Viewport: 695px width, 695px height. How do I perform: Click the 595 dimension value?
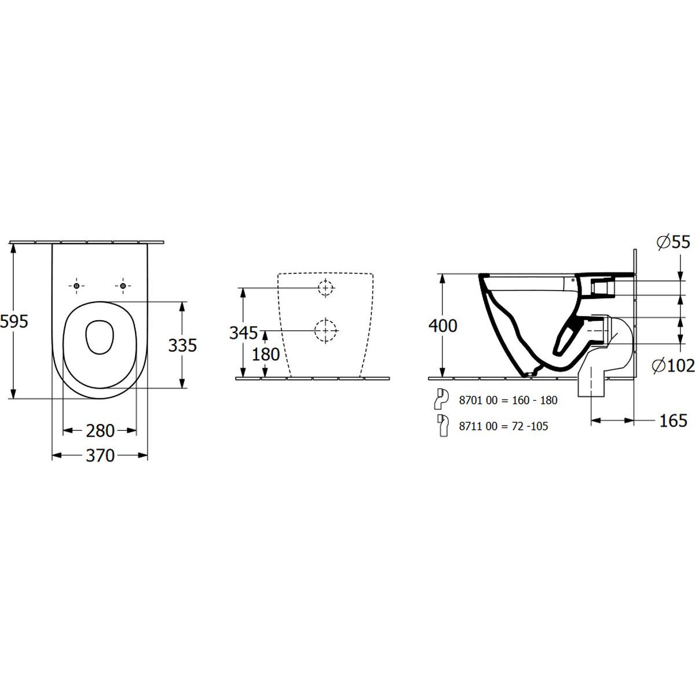14,321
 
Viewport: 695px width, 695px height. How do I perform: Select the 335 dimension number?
182,345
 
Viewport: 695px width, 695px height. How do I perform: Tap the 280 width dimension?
100,431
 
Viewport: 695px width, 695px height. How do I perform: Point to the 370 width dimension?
100,456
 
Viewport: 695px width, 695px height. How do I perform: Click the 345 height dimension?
244,333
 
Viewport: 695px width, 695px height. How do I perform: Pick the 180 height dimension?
266,354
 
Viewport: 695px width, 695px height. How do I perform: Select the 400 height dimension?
443,325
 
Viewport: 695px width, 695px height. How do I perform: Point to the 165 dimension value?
674,420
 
